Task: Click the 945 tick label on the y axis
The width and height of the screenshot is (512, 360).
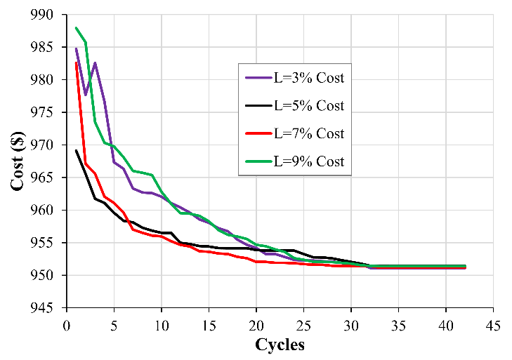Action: click(48, 308)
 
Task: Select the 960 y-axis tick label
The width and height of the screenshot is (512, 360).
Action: click(48, 211)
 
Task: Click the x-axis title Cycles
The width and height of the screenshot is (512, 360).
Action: click(280, 345)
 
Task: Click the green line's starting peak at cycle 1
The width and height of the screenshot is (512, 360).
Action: click(76, 27)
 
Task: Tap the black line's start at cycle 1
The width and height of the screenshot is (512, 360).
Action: click(76, 150)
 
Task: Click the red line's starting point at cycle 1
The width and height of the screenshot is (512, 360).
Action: click(76, 62)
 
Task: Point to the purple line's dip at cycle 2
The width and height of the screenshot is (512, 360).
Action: click(86, 95)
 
